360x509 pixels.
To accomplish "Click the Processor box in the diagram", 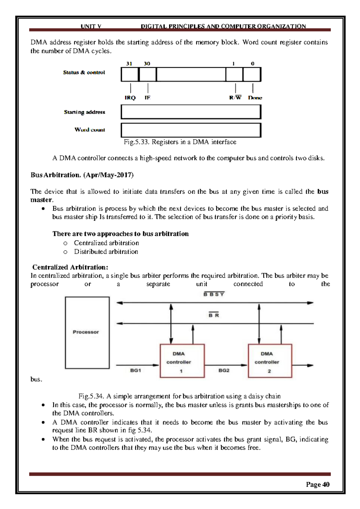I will click(87, 332).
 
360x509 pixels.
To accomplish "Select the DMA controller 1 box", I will click(182, 361).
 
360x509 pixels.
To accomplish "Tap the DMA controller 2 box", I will click(270, 361).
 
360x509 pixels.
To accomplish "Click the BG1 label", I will click(136, 371).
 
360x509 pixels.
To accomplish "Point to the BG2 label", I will click(224, 371).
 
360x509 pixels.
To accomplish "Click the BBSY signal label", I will click(214, 294).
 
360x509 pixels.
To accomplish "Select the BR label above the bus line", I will click(214, 315).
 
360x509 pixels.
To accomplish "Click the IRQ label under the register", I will click(130, 98).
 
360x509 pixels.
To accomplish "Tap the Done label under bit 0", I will click(255, 98).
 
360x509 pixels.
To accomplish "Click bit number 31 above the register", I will click(129, 64).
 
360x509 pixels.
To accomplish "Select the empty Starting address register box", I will click(191, 112).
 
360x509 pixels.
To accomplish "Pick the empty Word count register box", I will click(191, 130).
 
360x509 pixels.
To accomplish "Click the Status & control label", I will click(84, 72).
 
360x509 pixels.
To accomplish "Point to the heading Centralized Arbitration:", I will click(70, 267).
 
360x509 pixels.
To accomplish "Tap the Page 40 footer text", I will click(317, 484).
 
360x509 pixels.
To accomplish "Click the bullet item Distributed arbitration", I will click(106, 252).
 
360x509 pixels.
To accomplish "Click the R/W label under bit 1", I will click(235, 98).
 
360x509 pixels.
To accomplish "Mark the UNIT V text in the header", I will click(91, 26).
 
